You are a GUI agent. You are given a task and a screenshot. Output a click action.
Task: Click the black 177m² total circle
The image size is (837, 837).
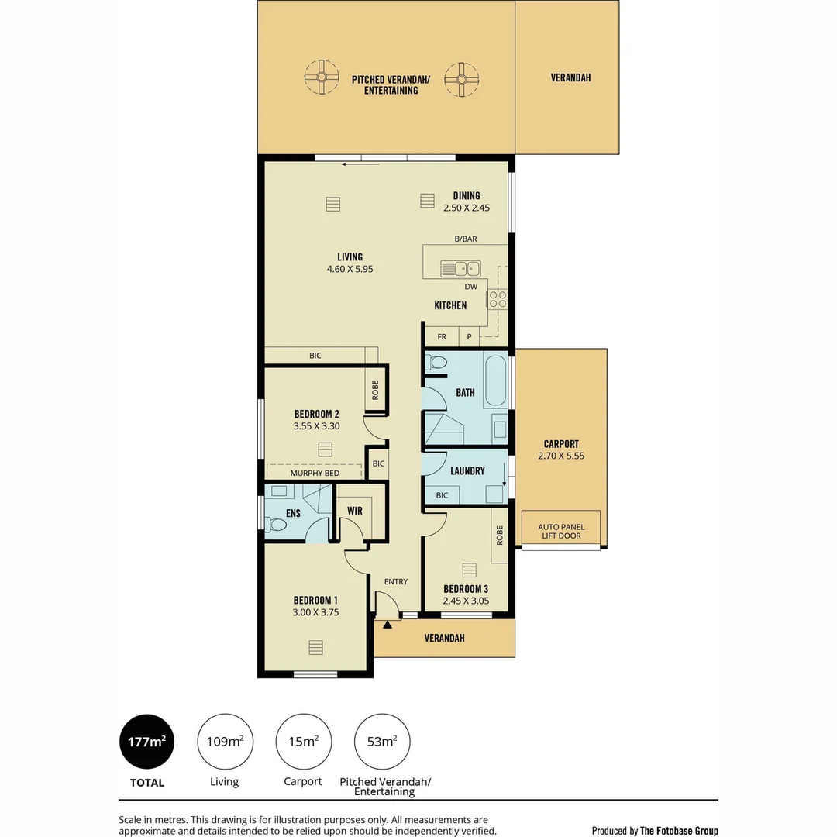tap(147, 742)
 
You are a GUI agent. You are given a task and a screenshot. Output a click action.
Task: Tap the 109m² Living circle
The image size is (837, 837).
tap(225, 742)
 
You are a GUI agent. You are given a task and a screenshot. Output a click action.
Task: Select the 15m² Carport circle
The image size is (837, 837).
tap(304, 742)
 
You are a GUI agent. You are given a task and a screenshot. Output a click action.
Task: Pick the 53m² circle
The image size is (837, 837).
tap(382, 742)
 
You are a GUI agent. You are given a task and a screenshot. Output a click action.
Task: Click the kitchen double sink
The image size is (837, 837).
tap(460, 269)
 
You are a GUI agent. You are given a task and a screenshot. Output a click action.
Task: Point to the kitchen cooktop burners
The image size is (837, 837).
tap(497, 299)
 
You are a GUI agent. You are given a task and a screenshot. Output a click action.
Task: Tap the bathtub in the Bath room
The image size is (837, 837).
tap(496, 381)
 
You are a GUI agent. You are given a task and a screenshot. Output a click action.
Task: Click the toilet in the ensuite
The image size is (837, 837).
tap(275, 525)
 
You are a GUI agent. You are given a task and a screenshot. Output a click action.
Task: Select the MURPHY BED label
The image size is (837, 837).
tap(314, 473)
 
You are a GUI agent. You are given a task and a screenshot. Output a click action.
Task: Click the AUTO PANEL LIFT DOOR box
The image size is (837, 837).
tap(560, 530)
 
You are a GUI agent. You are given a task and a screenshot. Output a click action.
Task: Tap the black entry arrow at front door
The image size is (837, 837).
tap(387, 623)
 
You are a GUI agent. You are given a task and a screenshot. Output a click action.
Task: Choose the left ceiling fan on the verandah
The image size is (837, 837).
tap(321, 77)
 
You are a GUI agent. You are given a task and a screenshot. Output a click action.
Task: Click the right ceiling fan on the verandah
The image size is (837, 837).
tap(461, 79)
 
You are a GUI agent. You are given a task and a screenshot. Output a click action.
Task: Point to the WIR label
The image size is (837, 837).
tap(355, 511)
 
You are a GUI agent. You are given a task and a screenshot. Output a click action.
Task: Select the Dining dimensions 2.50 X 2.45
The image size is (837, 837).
tap(467, 208)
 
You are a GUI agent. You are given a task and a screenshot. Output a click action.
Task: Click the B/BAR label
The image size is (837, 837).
tap(466, 239)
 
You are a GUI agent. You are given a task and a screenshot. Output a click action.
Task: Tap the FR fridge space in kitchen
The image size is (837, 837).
tap(442, 337)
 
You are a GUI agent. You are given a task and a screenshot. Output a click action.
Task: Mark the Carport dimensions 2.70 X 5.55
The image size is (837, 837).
tap(561, 456)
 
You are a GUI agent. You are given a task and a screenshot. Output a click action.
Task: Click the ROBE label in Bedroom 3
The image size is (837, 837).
tap(500, 536)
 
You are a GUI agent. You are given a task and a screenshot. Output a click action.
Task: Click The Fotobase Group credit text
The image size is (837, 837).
tap(679, 831)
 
